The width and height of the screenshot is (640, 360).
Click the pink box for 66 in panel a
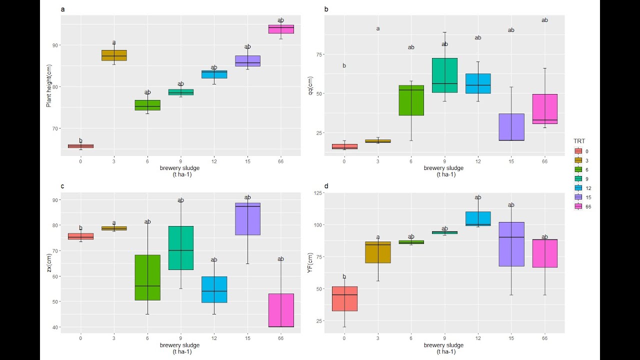(280, 29)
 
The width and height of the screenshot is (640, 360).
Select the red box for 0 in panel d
(344, 298)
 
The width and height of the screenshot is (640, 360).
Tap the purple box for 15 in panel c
(247, 219)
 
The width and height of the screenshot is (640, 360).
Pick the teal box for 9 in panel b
(444, 75)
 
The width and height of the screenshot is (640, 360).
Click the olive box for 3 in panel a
(114, 55)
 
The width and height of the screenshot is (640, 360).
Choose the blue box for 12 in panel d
(478, 218)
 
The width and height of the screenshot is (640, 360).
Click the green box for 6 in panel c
(147, 277)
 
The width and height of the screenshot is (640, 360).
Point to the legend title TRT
(579, 141)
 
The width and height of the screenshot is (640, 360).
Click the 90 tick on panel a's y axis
(55, 45)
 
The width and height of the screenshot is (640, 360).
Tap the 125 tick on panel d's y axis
(316, 193)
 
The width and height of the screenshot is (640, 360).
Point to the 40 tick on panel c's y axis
(55, 327)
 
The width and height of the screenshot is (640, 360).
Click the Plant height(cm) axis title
(49, 86)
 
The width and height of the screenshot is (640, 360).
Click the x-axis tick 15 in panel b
(511, 161)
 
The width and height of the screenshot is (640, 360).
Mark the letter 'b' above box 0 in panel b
(344, 65)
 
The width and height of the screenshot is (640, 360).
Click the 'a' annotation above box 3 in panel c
(114, 223)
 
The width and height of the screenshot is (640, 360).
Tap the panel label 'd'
(326, 186)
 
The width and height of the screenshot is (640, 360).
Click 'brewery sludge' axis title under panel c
(179, 345)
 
